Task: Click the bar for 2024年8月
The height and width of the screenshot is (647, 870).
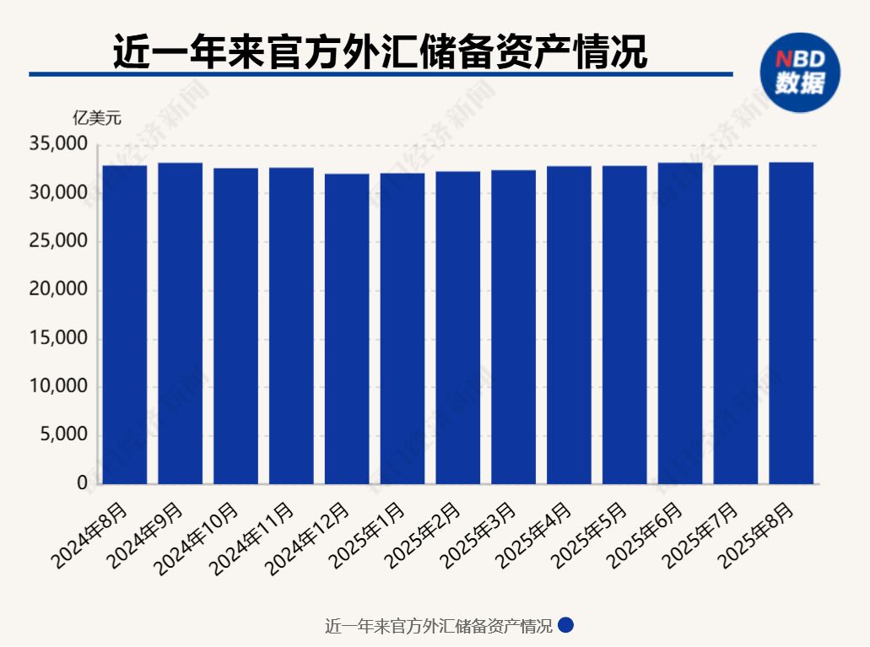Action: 124,325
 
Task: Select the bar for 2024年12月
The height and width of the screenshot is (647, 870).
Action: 347,329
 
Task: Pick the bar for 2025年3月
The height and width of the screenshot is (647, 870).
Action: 513,327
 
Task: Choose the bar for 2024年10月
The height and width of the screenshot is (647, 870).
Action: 235,326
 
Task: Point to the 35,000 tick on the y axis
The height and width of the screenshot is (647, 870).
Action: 58,145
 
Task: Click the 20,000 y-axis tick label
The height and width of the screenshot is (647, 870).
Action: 58,290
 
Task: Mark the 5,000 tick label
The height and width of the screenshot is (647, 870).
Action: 62,435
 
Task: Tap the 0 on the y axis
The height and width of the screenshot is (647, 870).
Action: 82,483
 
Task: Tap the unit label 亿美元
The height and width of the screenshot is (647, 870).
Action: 96,118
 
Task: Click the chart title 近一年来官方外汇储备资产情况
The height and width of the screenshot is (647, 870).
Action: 380,52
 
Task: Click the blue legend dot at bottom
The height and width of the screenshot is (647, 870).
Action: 566,626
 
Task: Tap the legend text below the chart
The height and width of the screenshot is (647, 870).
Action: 438,627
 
